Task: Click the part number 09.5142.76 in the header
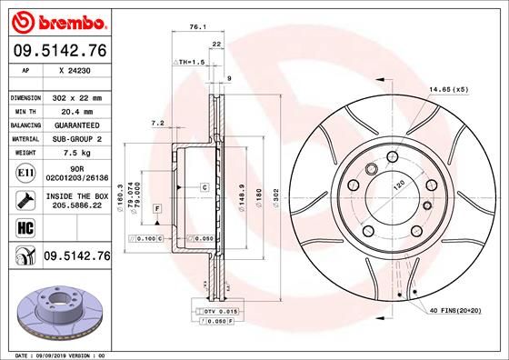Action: click(x=59, y=51)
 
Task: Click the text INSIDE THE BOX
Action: click(x=75, y=196)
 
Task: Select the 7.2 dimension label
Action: click(x=156, y=122)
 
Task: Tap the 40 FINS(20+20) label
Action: click(x=454, y=311)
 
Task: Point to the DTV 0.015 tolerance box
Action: click(x=216, y=311)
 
